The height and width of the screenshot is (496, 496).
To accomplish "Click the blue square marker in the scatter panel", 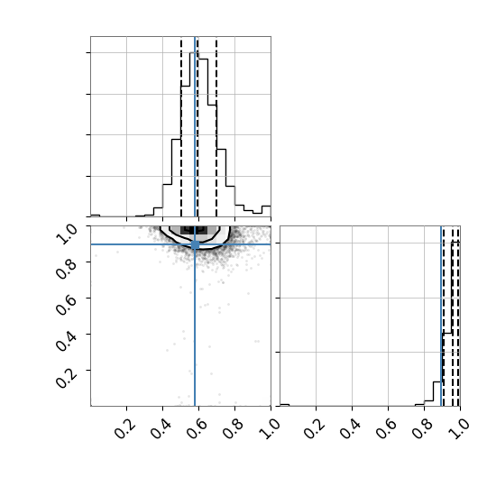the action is (195, 244).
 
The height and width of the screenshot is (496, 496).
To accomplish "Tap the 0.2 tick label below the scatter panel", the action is (125, 429).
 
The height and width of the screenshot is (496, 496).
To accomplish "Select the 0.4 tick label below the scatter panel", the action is (161, 429).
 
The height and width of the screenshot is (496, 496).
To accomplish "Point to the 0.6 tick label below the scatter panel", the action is (197, 429).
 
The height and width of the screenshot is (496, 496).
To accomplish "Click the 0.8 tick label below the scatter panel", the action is (234, 429).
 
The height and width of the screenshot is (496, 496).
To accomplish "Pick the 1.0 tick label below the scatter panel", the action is (270, 429).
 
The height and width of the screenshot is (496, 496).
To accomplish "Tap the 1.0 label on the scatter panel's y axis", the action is (66, 234).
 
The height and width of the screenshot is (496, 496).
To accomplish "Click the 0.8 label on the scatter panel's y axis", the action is (66, 270).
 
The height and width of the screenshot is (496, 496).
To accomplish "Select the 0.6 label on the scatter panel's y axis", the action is (66, 306).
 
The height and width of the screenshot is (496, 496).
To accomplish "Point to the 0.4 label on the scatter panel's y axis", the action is (66, 342).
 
